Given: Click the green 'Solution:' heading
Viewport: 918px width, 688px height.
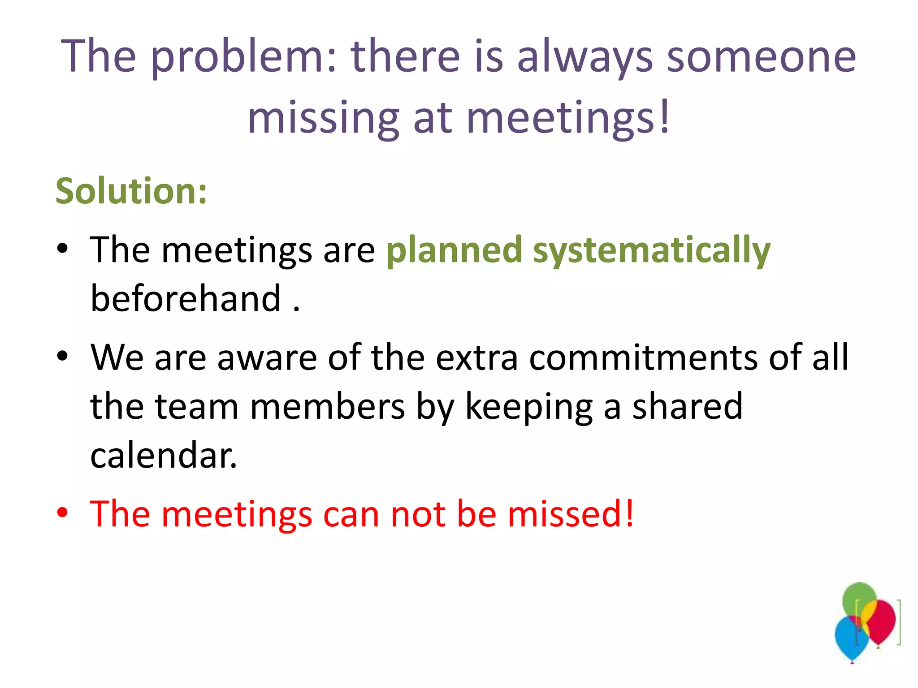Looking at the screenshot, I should [131, 191].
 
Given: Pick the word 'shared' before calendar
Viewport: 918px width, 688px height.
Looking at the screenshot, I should [687, 406].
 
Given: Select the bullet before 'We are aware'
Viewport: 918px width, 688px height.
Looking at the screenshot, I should [62, 357].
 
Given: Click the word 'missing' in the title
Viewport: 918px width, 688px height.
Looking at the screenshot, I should [323, 117].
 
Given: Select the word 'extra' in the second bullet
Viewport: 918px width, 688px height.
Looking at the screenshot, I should [477, 357].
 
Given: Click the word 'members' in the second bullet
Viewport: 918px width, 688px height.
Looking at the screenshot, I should [327, 406].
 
